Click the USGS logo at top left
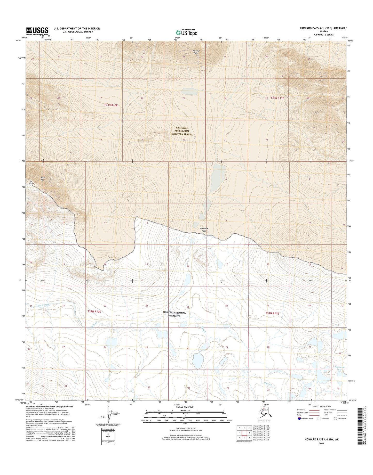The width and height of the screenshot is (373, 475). pyautogui.click(x=37, y=31)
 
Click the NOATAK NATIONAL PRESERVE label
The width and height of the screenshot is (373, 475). pyautogui.click(x=174, y=314)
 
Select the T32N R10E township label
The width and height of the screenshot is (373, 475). pyautogui.click(x=94, y=312)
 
